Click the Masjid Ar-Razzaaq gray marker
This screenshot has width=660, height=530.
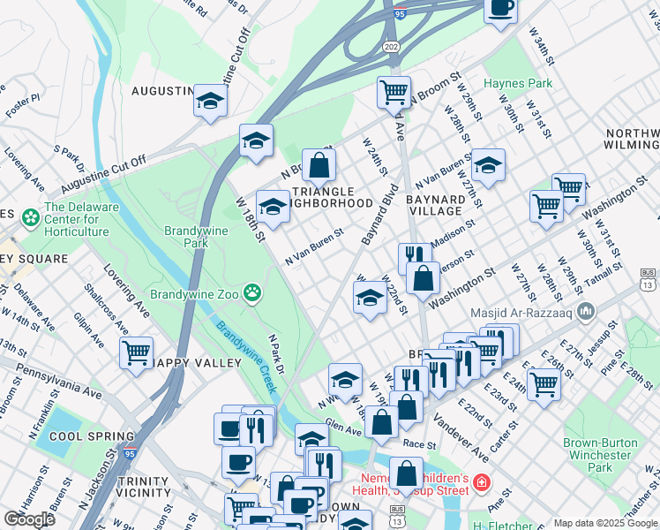[590, 312]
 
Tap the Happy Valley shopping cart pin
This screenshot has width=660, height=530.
[136, 352]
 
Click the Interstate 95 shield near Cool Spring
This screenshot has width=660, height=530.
[130, 453]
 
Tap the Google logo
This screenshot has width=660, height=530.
[29, 519]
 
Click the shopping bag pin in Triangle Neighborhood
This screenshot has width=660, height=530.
[319, 164]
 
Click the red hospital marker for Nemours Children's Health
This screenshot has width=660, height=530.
[482, 482]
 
